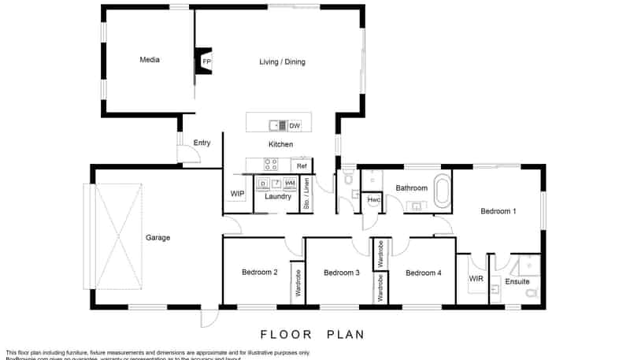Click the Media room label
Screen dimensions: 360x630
(x=150, y=60)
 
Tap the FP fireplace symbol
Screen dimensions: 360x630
(x=206, y=61)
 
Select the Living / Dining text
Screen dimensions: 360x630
(x=282, y=62)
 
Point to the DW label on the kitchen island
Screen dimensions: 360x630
(x=295, y=125)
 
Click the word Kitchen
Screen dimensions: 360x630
(x=280, y=144)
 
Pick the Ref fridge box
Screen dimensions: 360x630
(x=302, y=166)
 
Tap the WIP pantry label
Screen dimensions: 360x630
(x=237, y=193)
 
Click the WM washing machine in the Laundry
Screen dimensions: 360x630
(x=290, y=184)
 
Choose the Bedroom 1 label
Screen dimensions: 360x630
(x=498, y=211)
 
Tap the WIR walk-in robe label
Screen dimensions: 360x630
(x=476, y=279)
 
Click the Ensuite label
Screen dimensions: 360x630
(x=517, y=281)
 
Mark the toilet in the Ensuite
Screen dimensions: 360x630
(x=531, y=294)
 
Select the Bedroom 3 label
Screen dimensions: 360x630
(x=342, y=273)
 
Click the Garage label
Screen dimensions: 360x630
(x=157, y=237)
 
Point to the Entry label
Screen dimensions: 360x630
(x=202, y=143)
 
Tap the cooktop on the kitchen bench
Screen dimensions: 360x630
(x=270, y=165)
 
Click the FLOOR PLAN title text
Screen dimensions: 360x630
(x=313, y=334)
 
